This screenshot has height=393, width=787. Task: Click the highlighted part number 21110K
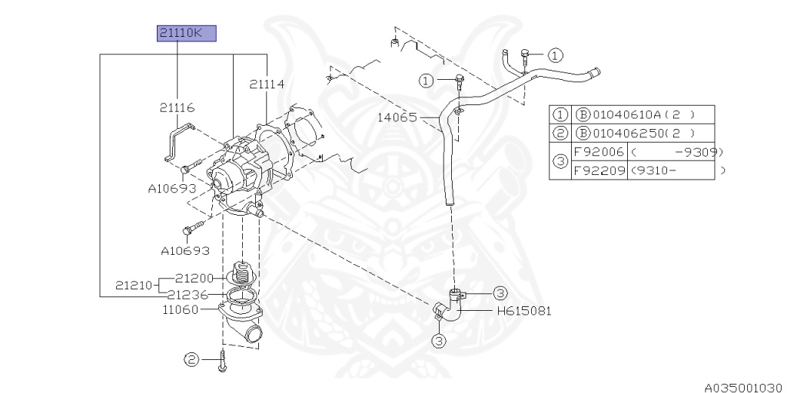185,33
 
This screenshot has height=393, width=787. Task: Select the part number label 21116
177,108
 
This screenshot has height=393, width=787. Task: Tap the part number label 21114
265,84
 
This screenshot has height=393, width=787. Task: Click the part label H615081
524,311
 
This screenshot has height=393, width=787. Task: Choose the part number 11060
181,310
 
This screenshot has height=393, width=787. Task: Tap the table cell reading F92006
598,152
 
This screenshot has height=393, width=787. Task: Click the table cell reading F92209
598,170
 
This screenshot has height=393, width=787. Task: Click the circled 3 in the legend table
560,161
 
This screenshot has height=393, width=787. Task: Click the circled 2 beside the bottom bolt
191,358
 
